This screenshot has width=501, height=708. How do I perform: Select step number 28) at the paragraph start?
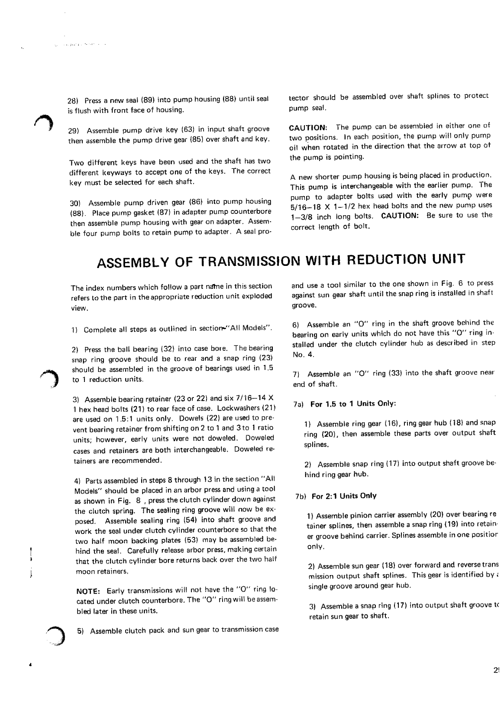[x=73, y=101]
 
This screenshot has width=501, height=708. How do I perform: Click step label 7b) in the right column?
[x=299, y=496]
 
